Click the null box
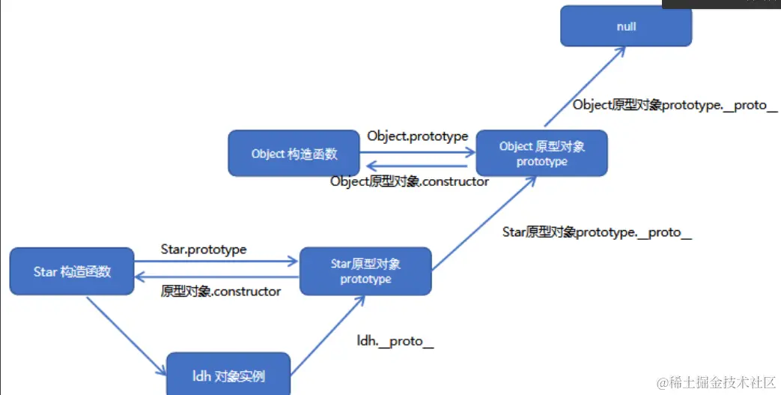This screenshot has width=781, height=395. [626, 26]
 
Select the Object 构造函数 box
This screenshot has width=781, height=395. [294, 154]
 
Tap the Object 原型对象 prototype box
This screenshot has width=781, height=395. [541, 154]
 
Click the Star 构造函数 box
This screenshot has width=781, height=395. [72, 271]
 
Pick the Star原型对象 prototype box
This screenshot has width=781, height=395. [365, 271]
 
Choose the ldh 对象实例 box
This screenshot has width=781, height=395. [228, 375]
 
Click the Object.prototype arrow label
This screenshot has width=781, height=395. [417, 136]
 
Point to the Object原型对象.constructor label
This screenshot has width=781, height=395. [410, 181]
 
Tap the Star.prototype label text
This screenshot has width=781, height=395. [204, 249]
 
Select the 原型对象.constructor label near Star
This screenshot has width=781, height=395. [221, 291]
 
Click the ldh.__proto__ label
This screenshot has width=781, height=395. [395, 342]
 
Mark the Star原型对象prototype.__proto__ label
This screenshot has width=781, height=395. [597, 232]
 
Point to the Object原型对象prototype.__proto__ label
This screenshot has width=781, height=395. [675, 105]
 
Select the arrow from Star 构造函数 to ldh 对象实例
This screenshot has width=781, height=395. [126, 335]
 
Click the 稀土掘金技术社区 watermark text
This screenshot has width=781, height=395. [716, 382]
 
